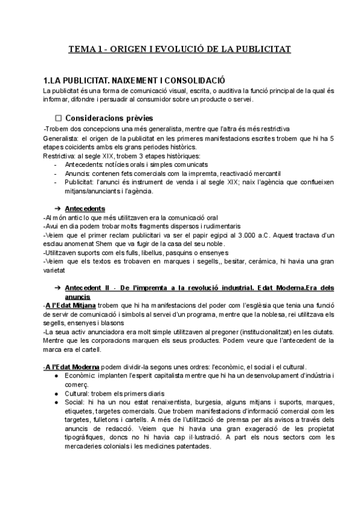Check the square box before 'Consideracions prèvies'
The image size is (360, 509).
click(59, 118)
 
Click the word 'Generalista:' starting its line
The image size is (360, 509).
click(62, 139)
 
